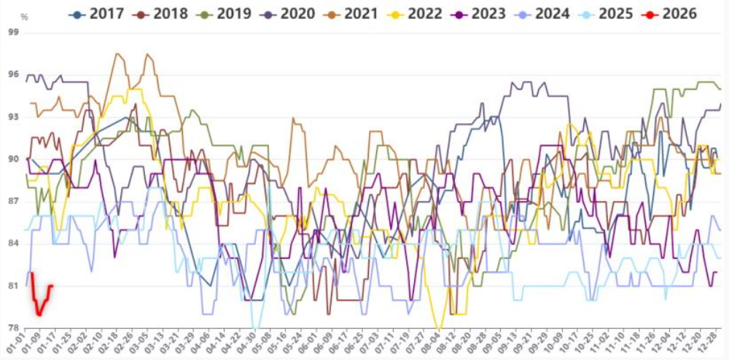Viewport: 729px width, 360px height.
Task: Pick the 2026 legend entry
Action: point(674,14)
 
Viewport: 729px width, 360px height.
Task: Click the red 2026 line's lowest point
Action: point(39,314)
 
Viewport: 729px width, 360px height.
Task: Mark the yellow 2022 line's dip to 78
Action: point(437,329)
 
